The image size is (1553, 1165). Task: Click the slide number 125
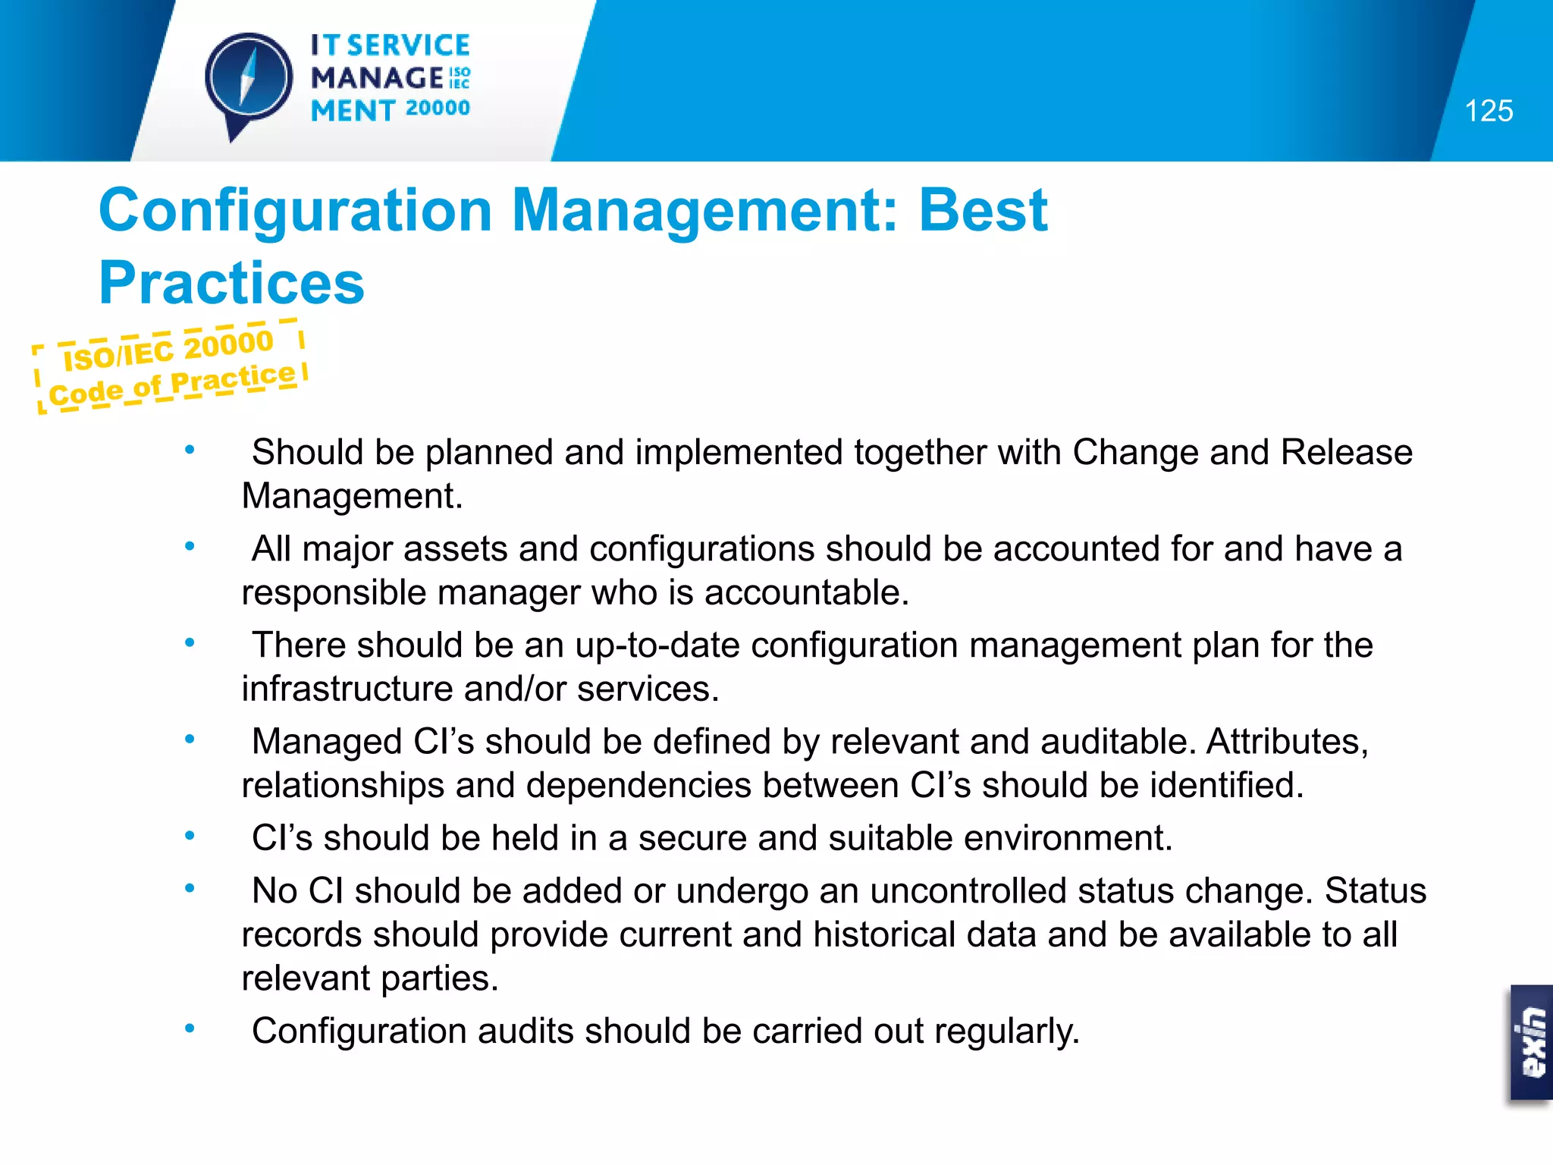(x=1489, y=111)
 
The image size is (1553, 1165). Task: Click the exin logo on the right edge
(x=1532, y=1042)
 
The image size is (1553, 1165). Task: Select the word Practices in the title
(x=231, y=283)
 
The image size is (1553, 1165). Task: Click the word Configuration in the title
(x=296, y=210)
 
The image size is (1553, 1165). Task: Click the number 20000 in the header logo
(x=438, y=108)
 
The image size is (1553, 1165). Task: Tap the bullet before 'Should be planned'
(x=190, y=450)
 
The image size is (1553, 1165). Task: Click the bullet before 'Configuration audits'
(x=190, y=1028)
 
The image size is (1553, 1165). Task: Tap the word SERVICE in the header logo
(x=409, y=46)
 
